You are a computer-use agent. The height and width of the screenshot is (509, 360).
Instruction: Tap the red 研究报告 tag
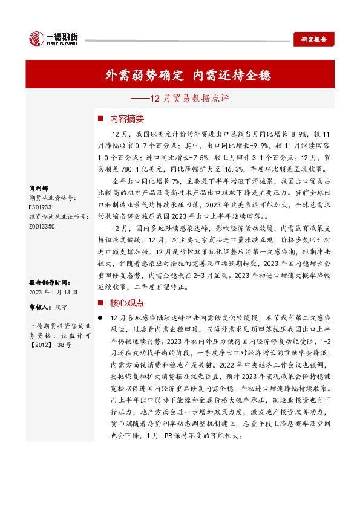coord(313,39)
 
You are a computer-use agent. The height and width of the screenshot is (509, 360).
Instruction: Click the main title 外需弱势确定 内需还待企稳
coord(188,76)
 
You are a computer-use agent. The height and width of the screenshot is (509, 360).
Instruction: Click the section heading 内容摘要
coord(127,118)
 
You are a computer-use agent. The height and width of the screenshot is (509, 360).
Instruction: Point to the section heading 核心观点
coord(127,303)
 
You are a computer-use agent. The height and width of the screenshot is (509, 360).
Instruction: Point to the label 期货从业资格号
coord(53,197)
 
